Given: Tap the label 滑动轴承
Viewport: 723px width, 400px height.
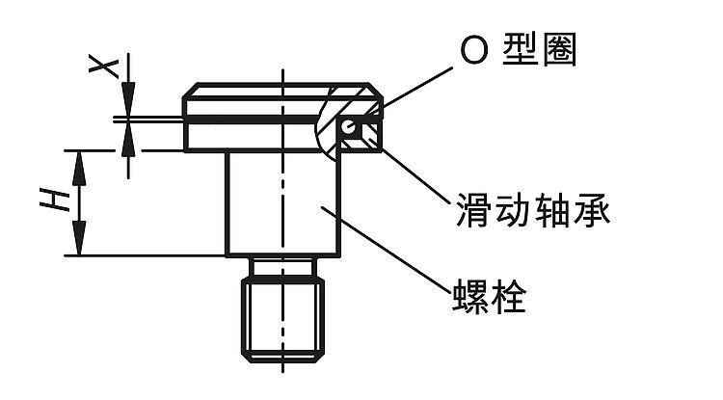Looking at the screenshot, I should pyautogui.click(x=532, y=208).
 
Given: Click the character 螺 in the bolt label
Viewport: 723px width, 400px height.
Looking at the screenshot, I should pyautogui.click(x=469, y=296).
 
